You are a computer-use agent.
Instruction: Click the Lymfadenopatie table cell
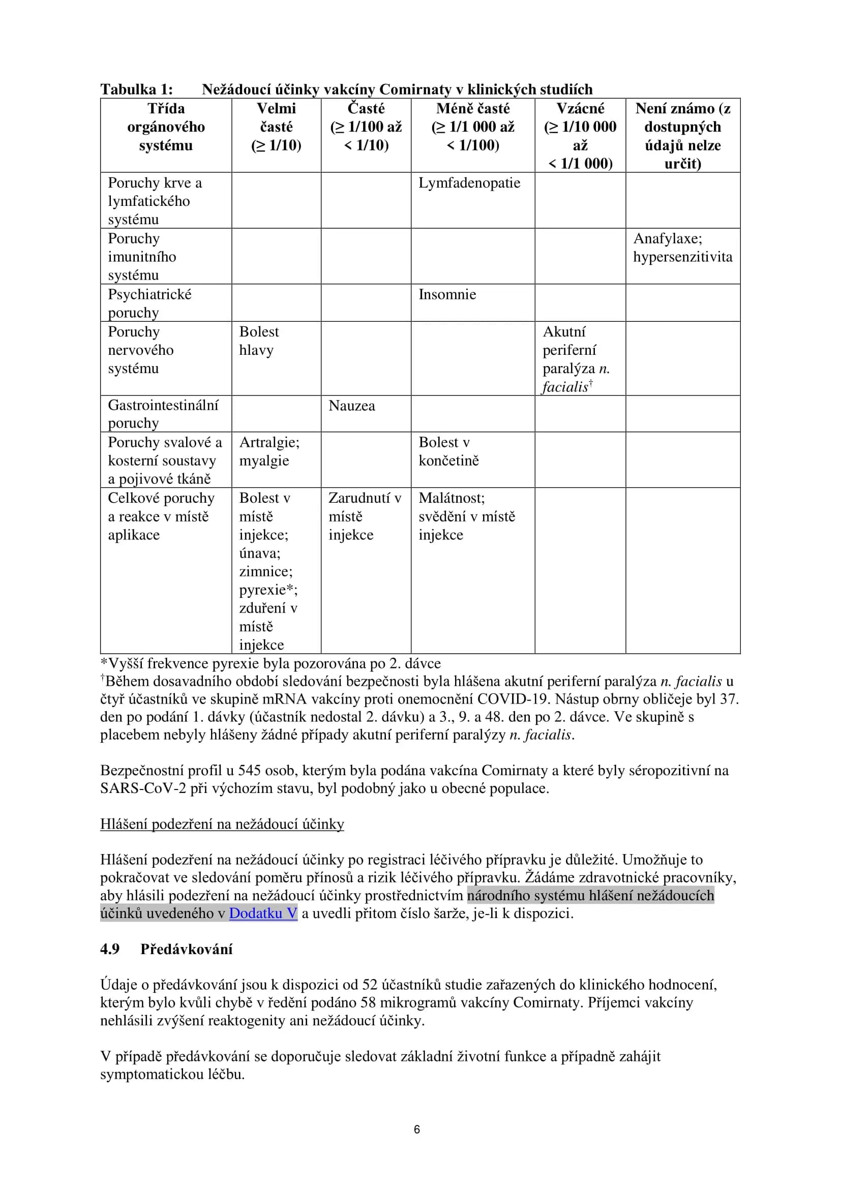click(469, 183)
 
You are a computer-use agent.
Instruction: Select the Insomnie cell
click(447, 294)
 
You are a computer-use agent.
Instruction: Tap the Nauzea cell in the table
click(352, 406)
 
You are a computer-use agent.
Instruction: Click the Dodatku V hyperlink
click(263, 913)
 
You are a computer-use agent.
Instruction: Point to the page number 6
click(417, 1129)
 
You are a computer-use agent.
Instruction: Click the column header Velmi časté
click(276, 127)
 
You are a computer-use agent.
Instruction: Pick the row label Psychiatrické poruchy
click(149, 303)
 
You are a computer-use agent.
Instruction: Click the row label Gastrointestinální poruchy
click(163, 414)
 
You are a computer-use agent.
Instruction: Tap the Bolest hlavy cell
click(258, 341)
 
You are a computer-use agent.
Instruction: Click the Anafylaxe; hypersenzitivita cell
click(682, 248)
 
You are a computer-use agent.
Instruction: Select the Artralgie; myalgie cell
click(269, 451)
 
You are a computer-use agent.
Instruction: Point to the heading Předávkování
click(187, 949)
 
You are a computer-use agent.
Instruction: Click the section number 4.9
click(110, 949)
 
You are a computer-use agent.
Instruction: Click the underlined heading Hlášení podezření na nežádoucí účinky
click(222, 824)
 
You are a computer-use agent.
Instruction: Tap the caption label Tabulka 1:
click(136, 89)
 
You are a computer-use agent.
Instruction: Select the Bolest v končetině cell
click(448, 451)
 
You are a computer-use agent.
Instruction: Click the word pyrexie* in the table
click(268, 590)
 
